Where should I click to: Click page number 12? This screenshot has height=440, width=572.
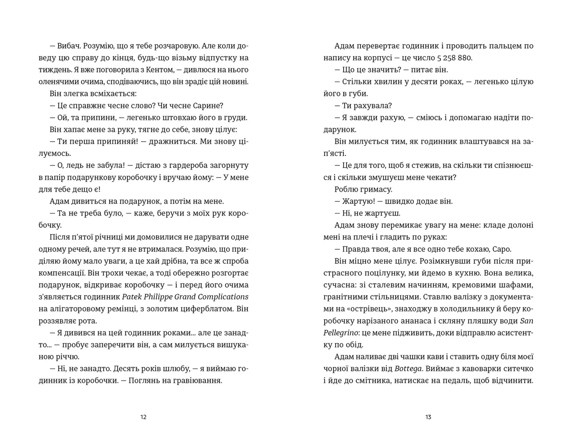pos(143,417)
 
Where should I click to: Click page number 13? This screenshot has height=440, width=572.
pos(428,417)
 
